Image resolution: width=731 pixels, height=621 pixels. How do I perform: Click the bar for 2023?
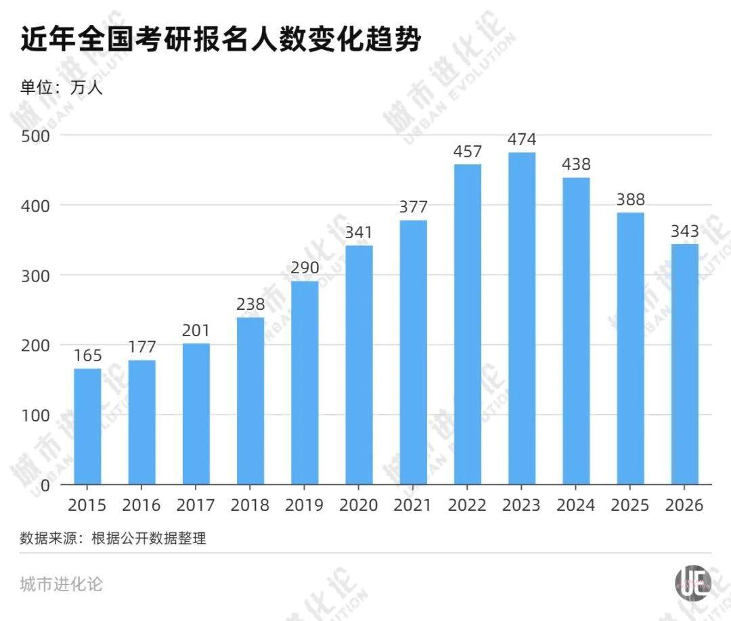coord(522,318)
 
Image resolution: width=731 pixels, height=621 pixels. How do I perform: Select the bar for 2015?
coord(87,426)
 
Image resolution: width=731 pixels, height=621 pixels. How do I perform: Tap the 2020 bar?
coord(359,365)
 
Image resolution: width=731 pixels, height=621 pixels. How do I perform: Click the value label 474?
coord(522,140)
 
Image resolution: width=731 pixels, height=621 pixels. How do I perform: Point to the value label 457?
coord(468,152)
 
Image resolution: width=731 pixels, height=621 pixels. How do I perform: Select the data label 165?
coord(87,356)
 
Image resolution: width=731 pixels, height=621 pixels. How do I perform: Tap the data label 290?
coord(305,268)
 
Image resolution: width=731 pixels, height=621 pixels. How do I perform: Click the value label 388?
coord(630,200)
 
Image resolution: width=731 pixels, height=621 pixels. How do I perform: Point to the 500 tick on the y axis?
coord(35,135)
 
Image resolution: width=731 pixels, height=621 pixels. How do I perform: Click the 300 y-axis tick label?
coord(35,275)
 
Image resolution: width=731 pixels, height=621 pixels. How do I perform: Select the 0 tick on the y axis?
coord(45,485)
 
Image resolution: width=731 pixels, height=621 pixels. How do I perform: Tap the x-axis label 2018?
coord(250,505)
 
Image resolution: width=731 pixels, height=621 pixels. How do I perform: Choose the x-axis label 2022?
coord(467,505)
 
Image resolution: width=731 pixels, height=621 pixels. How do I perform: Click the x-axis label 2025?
coord(630,505)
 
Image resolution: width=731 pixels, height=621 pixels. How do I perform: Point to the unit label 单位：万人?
coord(61,87)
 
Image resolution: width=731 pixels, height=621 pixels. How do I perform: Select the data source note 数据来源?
coord(113,538)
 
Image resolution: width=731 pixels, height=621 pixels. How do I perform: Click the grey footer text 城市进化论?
coord(62,584)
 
